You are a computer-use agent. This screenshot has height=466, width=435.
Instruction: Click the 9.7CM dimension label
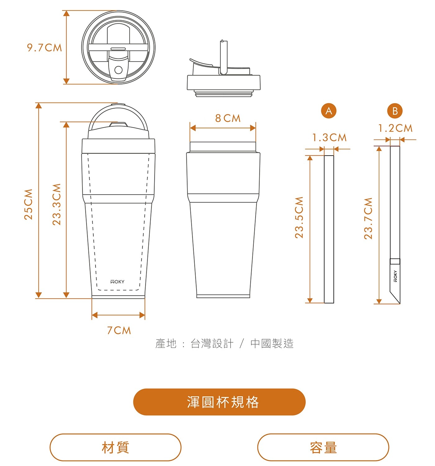tap(45, 48)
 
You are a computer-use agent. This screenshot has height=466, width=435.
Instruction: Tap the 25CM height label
tap(29, 204)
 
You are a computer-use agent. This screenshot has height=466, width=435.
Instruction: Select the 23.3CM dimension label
tap(57, 204)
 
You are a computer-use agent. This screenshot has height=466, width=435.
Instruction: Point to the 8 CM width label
tap(228, 118)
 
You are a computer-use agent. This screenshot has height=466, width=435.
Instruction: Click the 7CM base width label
tap(119, 331)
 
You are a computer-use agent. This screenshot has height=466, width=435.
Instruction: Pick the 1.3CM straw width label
tap(329, 138)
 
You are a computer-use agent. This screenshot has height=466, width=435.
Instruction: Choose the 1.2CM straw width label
tap(395, 128)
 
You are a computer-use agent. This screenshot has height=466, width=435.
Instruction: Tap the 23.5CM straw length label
tap(299, 217)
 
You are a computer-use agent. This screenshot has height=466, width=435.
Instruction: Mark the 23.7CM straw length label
tap(368, 218)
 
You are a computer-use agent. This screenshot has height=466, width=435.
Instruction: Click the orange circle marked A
tap(329, 111)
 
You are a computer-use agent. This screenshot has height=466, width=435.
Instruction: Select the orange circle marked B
tap(395, 111)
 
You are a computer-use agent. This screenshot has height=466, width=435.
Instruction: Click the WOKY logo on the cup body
tap(117, 281)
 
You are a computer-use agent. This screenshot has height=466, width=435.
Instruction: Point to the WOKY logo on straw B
tap(395, 276)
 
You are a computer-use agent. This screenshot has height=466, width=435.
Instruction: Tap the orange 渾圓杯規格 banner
tap(219, 402)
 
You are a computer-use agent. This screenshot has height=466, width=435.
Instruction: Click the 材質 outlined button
tap(115, 447)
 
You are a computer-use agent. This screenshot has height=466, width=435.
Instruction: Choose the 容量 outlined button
tap(323, 447)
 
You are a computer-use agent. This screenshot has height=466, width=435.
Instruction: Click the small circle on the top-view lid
tap(118, 70)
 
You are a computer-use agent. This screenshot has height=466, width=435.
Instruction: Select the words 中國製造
tap(272, 344)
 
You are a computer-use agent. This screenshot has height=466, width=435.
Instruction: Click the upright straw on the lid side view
tap(223, 57)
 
